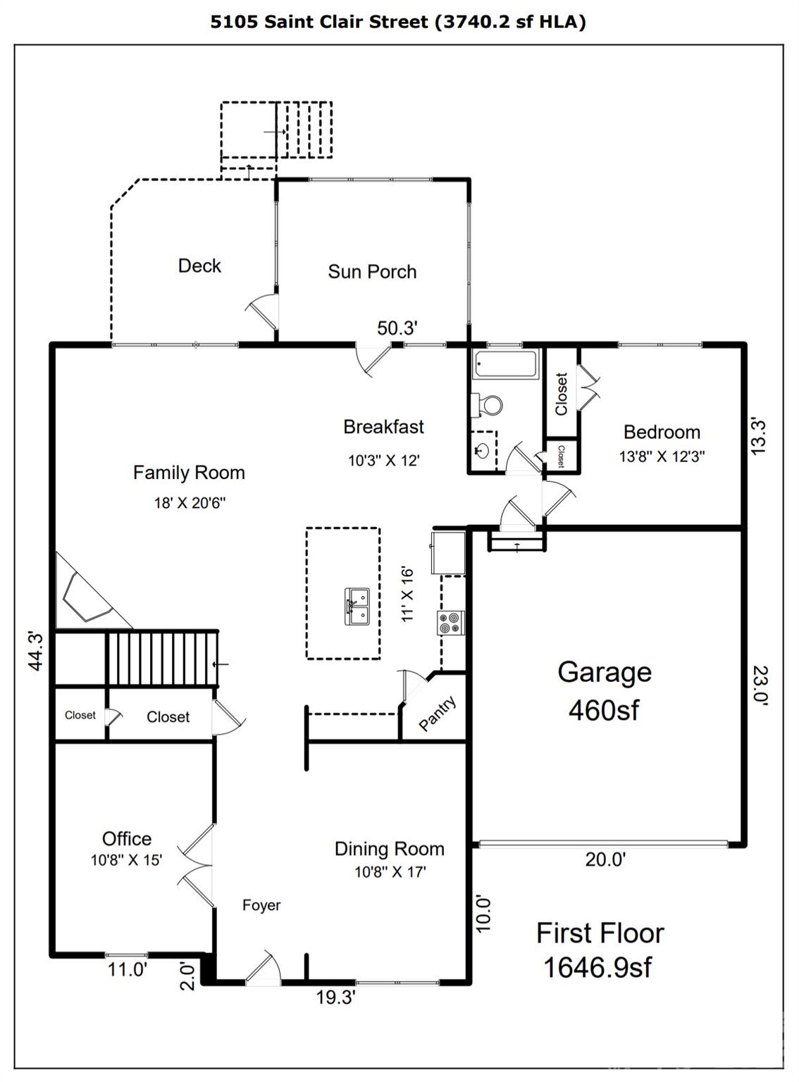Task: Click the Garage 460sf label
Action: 604,690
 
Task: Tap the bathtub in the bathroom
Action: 505,365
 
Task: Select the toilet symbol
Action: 488,404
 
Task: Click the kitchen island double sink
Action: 357,607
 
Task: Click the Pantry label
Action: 438,714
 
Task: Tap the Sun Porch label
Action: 372,272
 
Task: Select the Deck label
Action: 199,266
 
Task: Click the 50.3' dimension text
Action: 397,328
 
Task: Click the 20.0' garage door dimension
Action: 605,859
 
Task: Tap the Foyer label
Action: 261,905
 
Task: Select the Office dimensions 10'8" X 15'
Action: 126,860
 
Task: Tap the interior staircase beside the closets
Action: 161,658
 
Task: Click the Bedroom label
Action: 662,432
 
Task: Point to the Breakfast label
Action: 383,427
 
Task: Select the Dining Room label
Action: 389,849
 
